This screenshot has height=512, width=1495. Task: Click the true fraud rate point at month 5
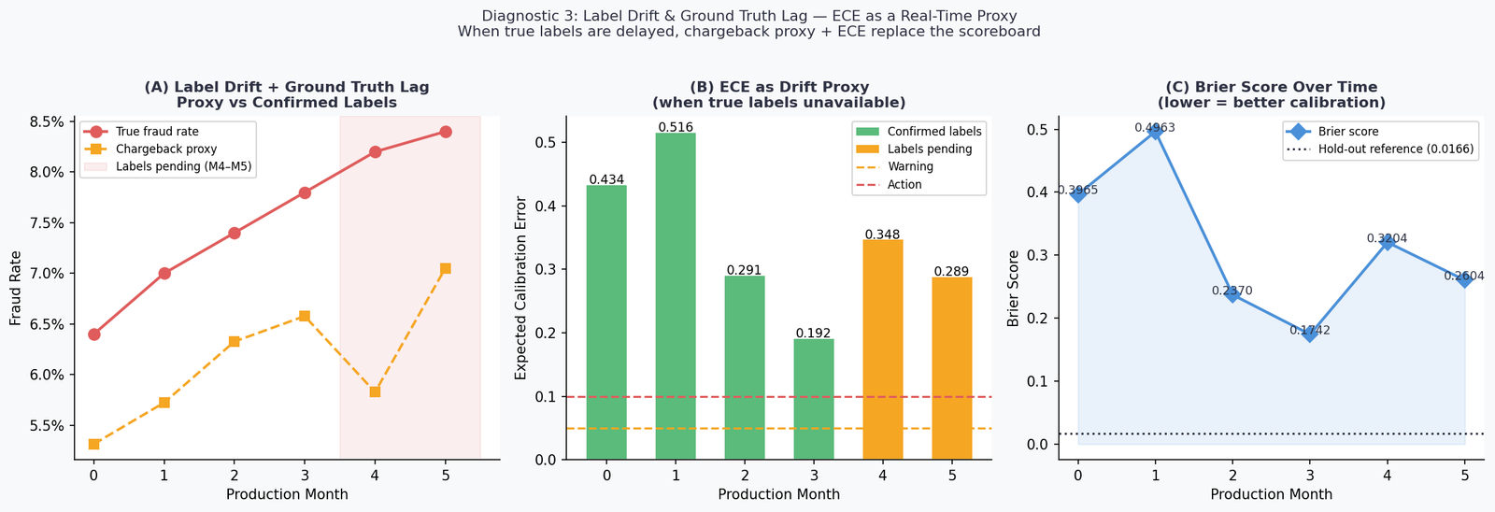pos(445,132)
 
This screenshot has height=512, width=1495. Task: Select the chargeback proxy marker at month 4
pos(375,391)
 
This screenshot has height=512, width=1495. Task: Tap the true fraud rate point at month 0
pos(94,334)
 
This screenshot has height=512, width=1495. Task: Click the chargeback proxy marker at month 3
pos(305,316)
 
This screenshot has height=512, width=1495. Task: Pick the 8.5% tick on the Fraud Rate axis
pos(47,121)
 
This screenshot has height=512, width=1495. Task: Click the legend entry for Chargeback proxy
pos(165,149)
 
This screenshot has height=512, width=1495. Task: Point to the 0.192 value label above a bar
pos(813,333)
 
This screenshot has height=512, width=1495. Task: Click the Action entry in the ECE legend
pos(904,185)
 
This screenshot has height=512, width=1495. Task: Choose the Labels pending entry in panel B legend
pos(929,149)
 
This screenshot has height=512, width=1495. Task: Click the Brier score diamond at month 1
pos(1155,132)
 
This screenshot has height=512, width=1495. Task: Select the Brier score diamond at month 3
pos(1310,334)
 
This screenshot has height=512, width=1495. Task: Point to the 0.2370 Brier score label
pos(1232,291)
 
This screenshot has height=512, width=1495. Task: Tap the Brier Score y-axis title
pos(1014,288)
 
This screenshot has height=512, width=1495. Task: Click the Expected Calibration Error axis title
pos(521,288)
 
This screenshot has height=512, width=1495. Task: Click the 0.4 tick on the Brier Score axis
pos(1038,192)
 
